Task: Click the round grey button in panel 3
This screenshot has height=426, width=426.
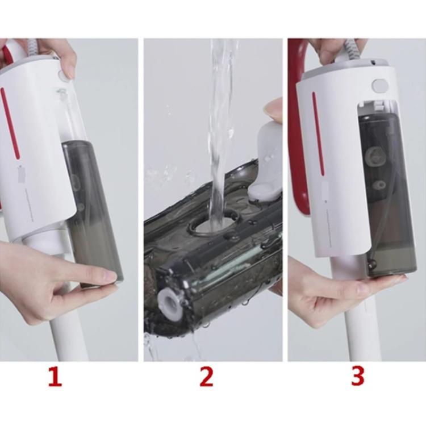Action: (379, 86)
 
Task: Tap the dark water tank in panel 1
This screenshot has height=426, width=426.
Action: (94, 210)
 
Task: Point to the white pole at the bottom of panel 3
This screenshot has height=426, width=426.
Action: (355, 335)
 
